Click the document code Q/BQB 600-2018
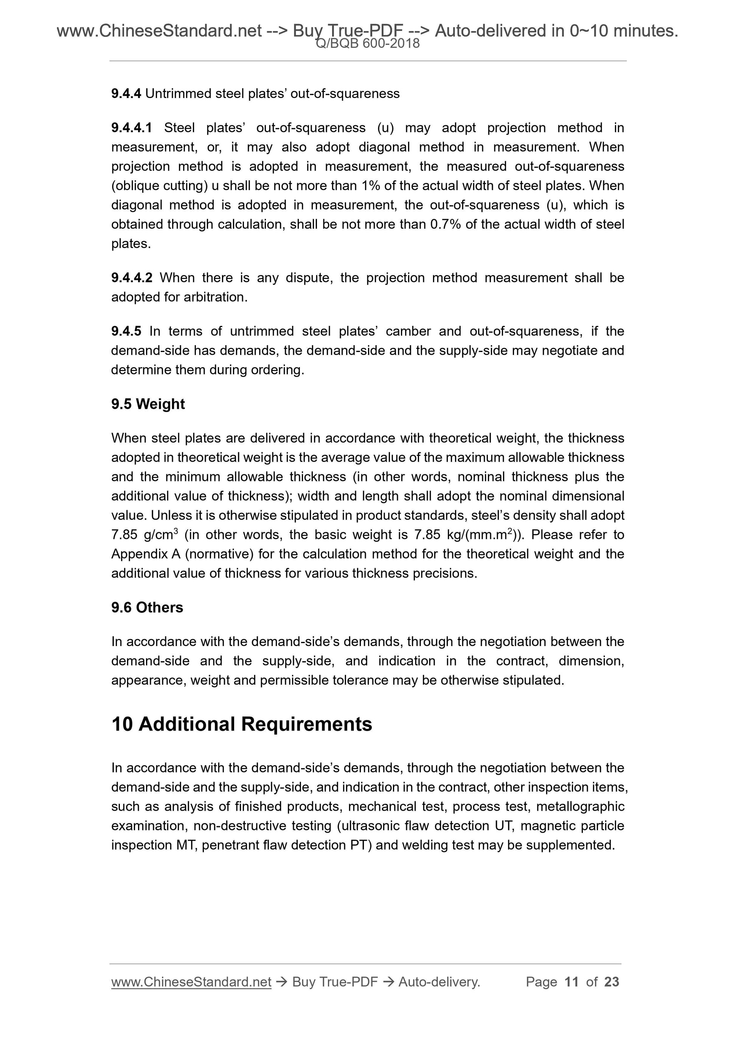point(367,44)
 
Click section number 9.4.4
point(126,93)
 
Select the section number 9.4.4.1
point(132,128)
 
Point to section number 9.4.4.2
point(132,278)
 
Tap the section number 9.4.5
point(126,331)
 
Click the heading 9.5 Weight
point(148,404)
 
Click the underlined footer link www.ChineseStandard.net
point(191,982)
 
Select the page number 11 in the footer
point(571,982)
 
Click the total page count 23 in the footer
point(611,982)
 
